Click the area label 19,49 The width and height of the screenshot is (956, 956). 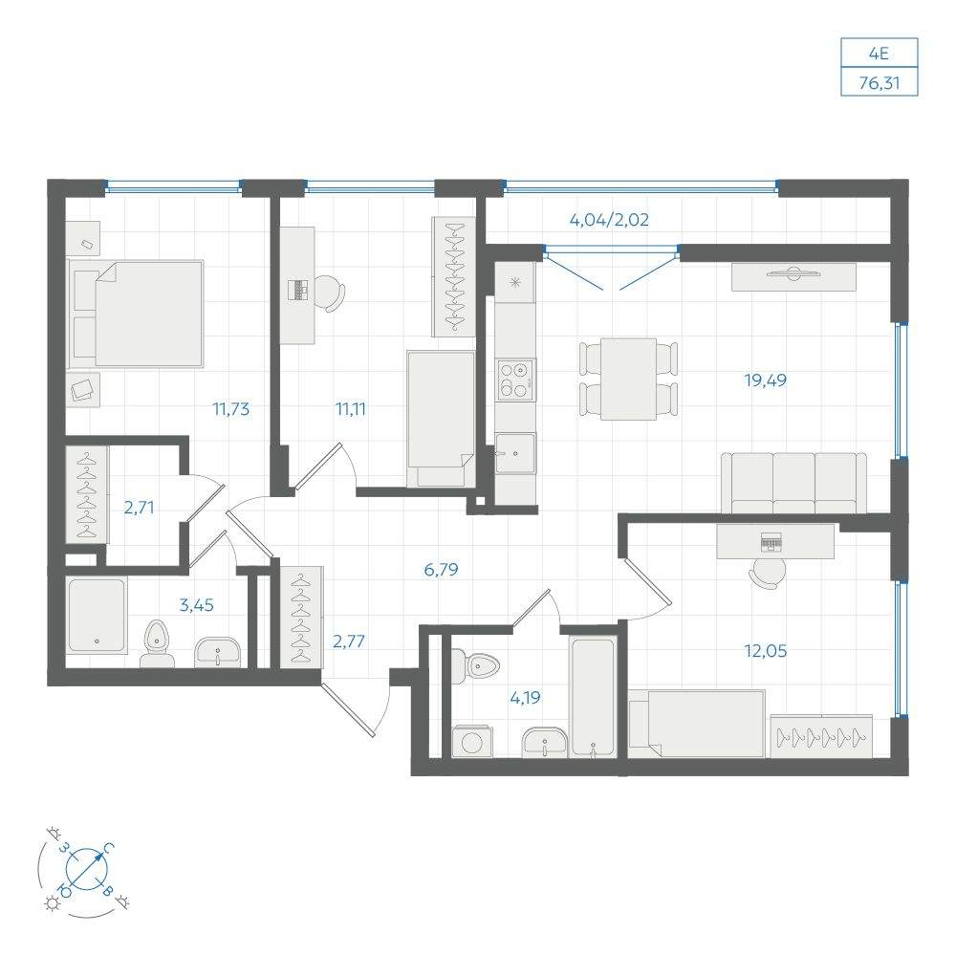(765, 381)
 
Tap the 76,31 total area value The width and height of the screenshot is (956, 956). (880, 82)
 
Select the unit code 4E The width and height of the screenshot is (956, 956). (879, 54)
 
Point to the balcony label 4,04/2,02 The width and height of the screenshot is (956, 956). (609, 220)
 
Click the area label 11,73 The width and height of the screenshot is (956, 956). (230, 408)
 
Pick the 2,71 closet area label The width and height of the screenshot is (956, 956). (139, 508)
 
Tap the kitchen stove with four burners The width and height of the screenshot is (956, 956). (515, 380)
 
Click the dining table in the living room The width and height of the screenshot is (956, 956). (629, 380)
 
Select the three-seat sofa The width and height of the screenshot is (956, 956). (793, 483)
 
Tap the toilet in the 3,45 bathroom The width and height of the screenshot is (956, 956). (158, 643)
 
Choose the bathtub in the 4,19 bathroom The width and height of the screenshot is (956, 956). (592, 697)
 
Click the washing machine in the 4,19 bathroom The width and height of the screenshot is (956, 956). (470, 742)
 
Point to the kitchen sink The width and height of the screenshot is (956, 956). (515, 453)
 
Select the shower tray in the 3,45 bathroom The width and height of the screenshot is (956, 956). (97, 616)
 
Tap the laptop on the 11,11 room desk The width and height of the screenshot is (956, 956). (298, 289)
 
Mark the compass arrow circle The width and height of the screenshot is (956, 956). (86, 868)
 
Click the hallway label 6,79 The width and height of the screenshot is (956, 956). (441, 570)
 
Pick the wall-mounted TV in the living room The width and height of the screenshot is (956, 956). (793, 273)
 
